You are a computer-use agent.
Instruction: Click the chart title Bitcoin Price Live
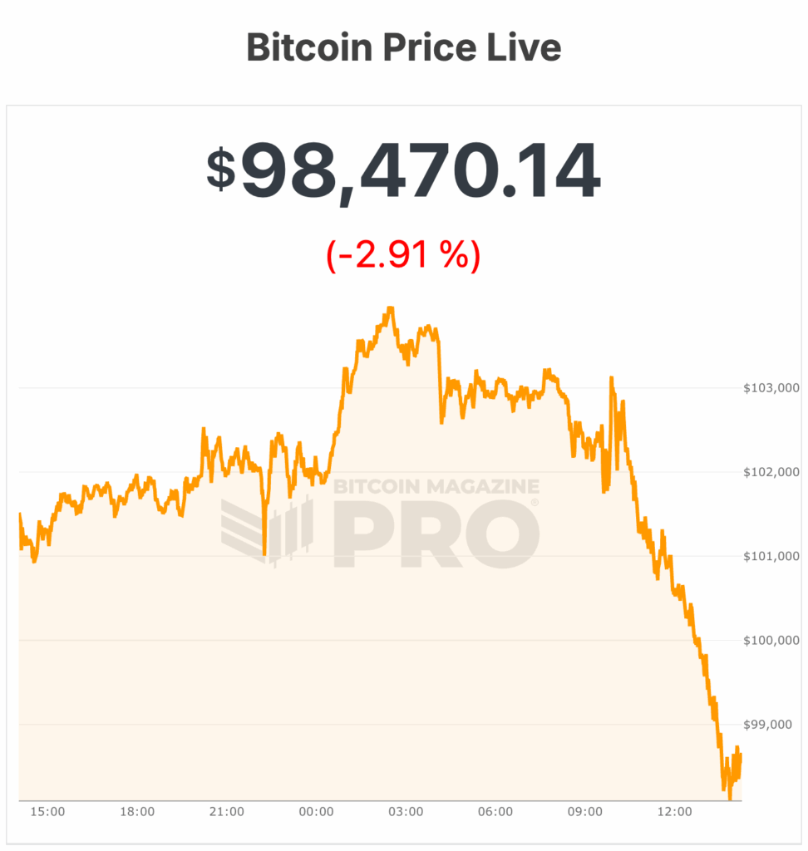tap(404, 48)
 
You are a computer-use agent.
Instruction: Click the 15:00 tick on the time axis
tap(47, 811)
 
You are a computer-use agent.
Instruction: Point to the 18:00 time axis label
tap(137, 811)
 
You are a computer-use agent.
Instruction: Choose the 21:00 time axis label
tap(227, 811)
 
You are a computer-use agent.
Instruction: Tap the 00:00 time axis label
tap(316, 811)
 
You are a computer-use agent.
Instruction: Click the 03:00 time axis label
tap(406, 811)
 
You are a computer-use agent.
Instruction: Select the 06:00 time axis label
tap(495, 811)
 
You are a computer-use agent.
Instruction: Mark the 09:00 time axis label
tap(585, 811)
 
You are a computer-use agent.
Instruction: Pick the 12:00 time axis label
tap(674, 811)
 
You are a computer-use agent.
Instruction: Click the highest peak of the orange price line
tap(390, 308)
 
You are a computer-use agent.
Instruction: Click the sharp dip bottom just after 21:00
tap(264, 553)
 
